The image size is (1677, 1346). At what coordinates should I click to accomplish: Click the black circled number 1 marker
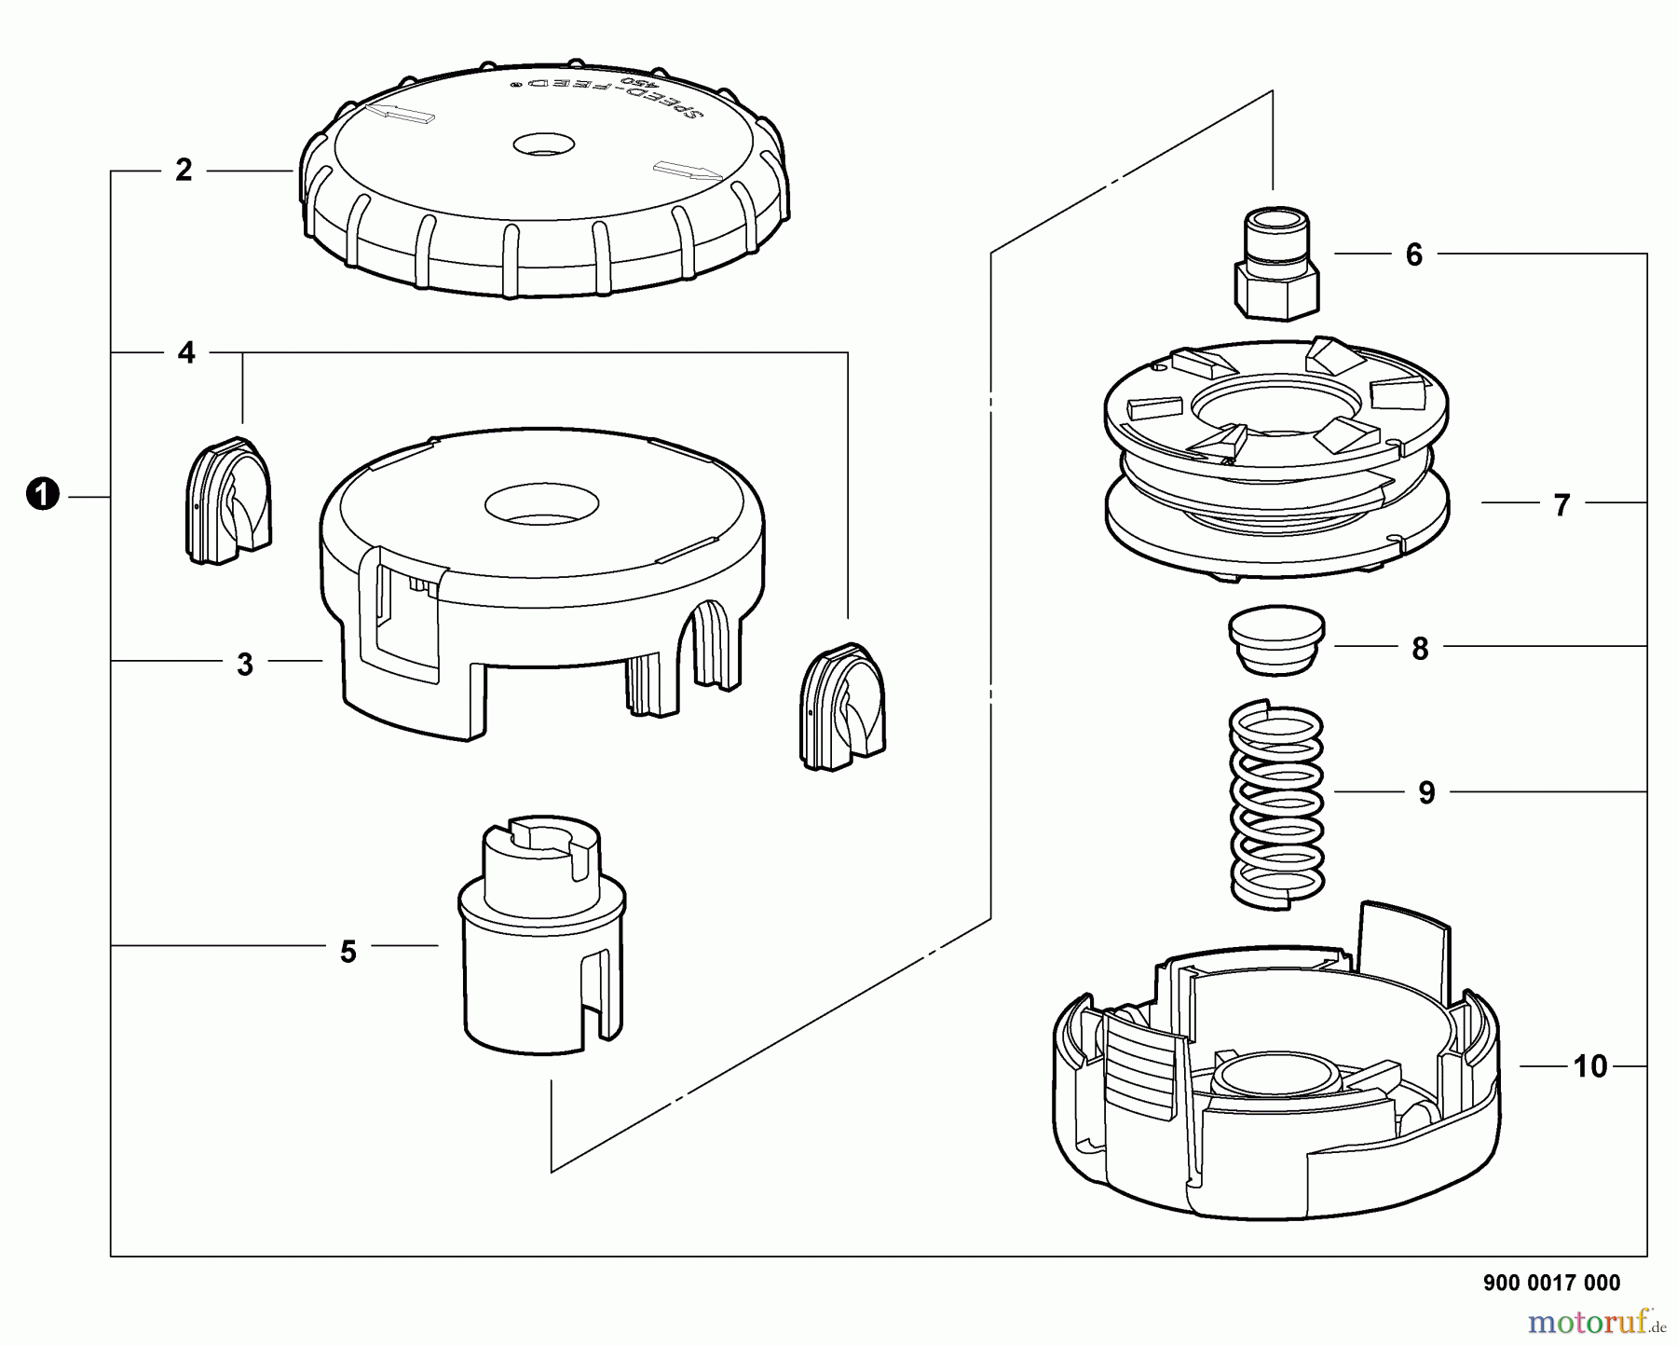(x=43, y=495)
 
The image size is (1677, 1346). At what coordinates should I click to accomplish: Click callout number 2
(x=184, y=170)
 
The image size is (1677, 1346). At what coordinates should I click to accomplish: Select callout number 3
(x=245, y=665)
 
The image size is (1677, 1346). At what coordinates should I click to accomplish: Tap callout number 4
(x=186, y=353)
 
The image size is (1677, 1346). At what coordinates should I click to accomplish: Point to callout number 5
(x=348, y=952)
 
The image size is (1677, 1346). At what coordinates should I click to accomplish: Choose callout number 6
(x=1414, y=254)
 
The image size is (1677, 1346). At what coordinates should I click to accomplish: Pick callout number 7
(x=1562, y=505)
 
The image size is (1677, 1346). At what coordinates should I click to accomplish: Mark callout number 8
(x=1420, y=649)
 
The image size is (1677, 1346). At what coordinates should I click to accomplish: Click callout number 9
(x=1426, y=793)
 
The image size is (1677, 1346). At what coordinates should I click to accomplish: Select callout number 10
(x=1590, y=1065)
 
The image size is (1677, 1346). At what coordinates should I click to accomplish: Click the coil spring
(x=1277, y=804)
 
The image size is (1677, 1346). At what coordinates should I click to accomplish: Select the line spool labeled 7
(x=1276, y=460)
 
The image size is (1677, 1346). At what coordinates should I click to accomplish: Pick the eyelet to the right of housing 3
(x=843, y=707)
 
